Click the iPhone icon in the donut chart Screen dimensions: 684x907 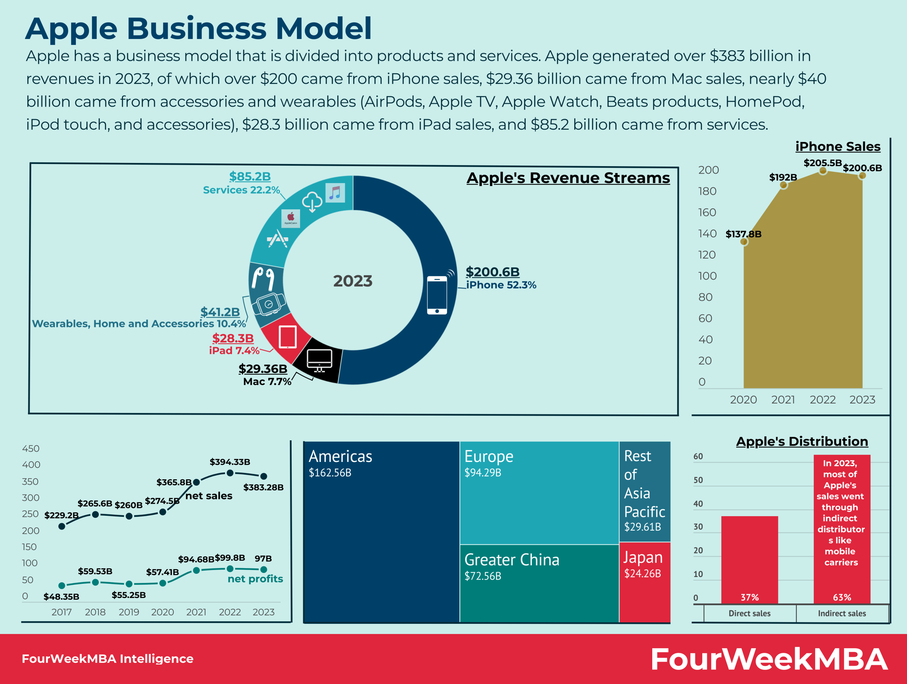437,295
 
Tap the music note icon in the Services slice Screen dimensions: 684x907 335,192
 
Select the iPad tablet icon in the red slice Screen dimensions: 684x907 287,337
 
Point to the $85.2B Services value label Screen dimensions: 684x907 250,176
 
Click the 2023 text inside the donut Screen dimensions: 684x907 353,281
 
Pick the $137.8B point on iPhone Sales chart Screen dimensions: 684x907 744,241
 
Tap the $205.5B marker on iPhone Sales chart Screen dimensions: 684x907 823,171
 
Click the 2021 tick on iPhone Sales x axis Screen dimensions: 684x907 783,400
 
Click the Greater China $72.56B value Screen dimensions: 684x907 483,576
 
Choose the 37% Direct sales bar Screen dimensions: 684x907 750,559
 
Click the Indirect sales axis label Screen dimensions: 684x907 842,614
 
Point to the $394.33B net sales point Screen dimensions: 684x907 230,473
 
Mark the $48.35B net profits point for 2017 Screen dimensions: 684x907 62,586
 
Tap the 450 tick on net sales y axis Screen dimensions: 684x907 31,448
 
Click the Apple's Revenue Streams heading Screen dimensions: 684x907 568,178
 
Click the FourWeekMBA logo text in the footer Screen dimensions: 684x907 769,659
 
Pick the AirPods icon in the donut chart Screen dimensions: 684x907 263,277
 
